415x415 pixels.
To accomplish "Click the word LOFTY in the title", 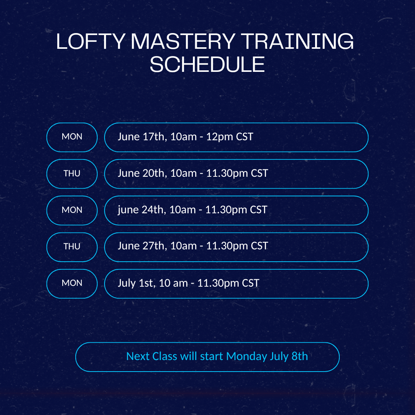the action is tap(91, 41).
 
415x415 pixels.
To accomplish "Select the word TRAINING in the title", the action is tap(297, 41).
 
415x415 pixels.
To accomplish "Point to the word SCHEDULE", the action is tap(207, 64).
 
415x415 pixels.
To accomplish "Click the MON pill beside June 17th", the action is tap(72, 137).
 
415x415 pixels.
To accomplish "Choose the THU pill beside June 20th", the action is tap(72, 174).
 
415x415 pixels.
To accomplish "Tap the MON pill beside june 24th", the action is tap(72, 210).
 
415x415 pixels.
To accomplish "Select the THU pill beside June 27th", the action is tap(72, 247).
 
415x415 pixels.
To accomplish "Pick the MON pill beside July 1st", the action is tap(72, 284).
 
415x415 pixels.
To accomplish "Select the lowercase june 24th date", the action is tap(142, 210).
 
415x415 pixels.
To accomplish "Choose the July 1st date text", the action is tap(136, 283).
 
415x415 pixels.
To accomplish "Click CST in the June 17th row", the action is tap(244, 137).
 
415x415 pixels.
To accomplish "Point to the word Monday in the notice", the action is tap(246, 357).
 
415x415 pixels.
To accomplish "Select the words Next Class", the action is tap(152, 356).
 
